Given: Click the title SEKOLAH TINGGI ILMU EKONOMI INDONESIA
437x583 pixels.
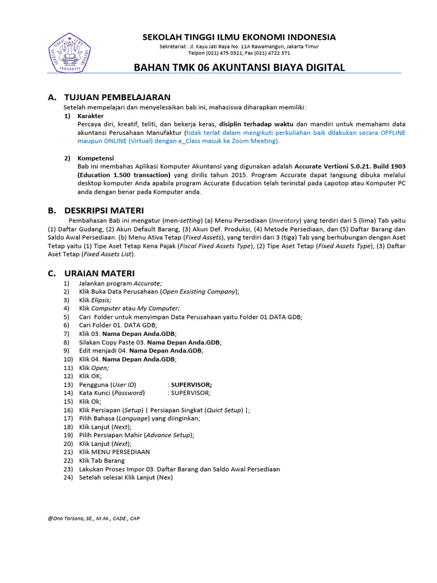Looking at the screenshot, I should click(239, 37).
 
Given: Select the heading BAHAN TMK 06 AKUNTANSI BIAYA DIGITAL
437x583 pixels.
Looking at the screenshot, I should click(239, 68).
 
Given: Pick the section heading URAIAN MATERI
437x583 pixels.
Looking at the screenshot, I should click(100, 273).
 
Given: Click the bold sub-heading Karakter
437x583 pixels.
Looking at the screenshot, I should click(90, 116).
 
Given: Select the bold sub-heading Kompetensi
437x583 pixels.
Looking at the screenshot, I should click(96, 158).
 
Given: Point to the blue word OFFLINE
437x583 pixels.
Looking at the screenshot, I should click(393, 132).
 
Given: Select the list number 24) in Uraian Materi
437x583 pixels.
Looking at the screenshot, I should click(68, 478).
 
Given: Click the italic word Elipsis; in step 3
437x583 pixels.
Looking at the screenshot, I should click(101, 299).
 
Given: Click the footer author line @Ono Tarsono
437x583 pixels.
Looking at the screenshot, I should click(94, 519).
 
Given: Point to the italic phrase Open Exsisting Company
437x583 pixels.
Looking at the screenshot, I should click(199, 291).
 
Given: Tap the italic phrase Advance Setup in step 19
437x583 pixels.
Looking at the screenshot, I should click(169, 435).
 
